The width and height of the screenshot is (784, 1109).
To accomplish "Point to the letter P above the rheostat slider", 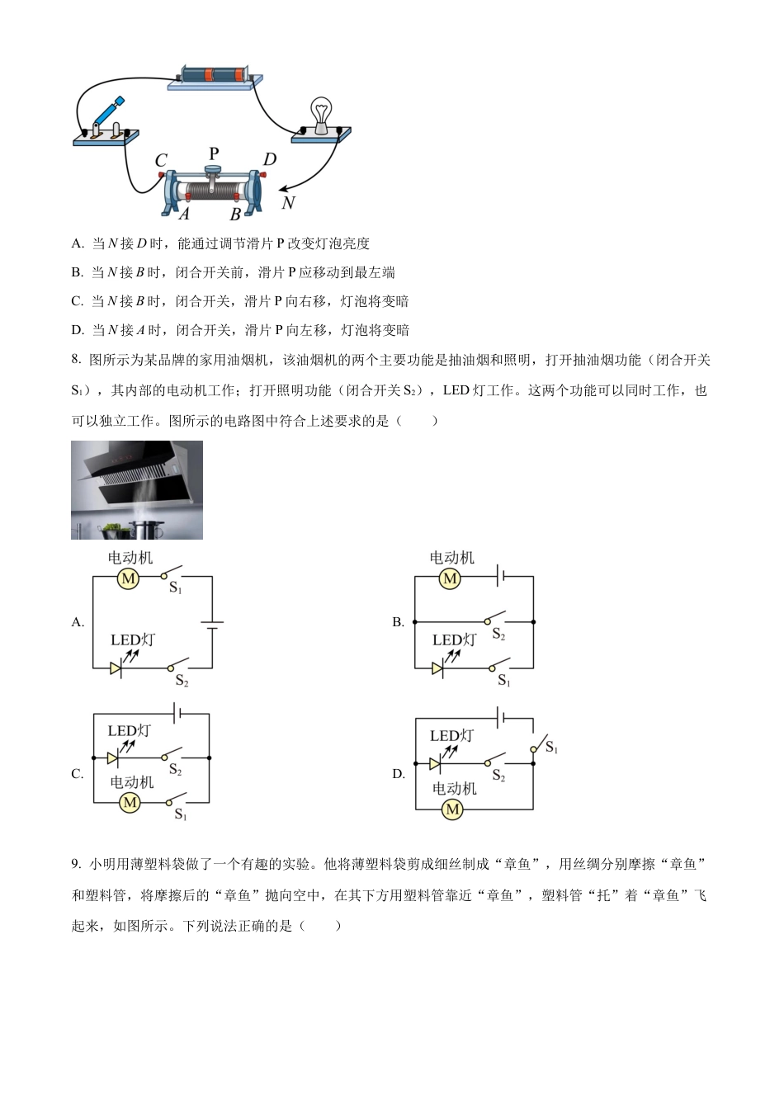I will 214,153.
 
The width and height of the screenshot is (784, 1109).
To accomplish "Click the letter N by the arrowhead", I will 287,202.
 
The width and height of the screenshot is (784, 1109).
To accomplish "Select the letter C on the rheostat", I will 161,161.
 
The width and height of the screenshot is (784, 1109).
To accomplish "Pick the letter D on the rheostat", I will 270,159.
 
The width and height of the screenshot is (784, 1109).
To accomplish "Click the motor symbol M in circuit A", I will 128,579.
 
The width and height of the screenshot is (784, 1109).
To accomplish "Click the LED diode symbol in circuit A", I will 116,668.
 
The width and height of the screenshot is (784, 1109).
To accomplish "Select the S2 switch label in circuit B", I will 498,635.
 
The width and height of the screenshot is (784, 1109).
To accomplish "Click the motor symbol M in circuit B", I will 450,579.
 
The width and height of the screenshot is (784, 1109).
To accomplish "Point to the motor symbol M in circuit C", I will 130,802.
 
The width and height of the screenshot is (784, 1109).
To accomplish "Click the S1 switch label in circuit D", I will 551,748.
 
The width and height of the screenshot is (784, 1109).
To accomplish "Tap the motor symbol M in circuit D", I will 452,809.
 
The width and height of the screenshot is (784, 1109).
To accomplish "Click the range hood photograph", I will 137,489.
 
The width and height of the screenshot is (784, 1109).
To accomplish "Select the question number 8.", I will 76,360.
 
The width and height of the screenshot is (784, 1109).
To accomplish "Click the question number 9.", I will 76,864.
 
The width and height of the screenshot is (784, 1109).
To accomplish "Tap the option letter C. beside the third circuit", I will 78,774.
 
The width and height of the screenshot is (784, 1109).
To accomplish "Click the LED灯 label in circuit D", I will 451,735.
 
